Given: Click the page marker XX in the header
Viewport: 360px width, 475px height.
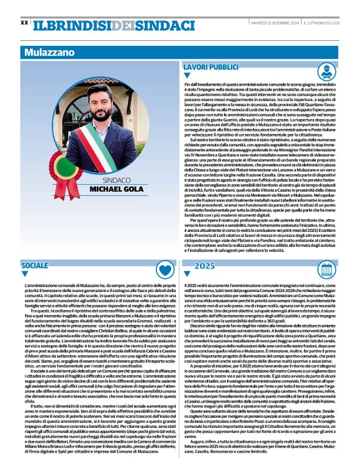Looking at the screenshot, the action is coord(24,22).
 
